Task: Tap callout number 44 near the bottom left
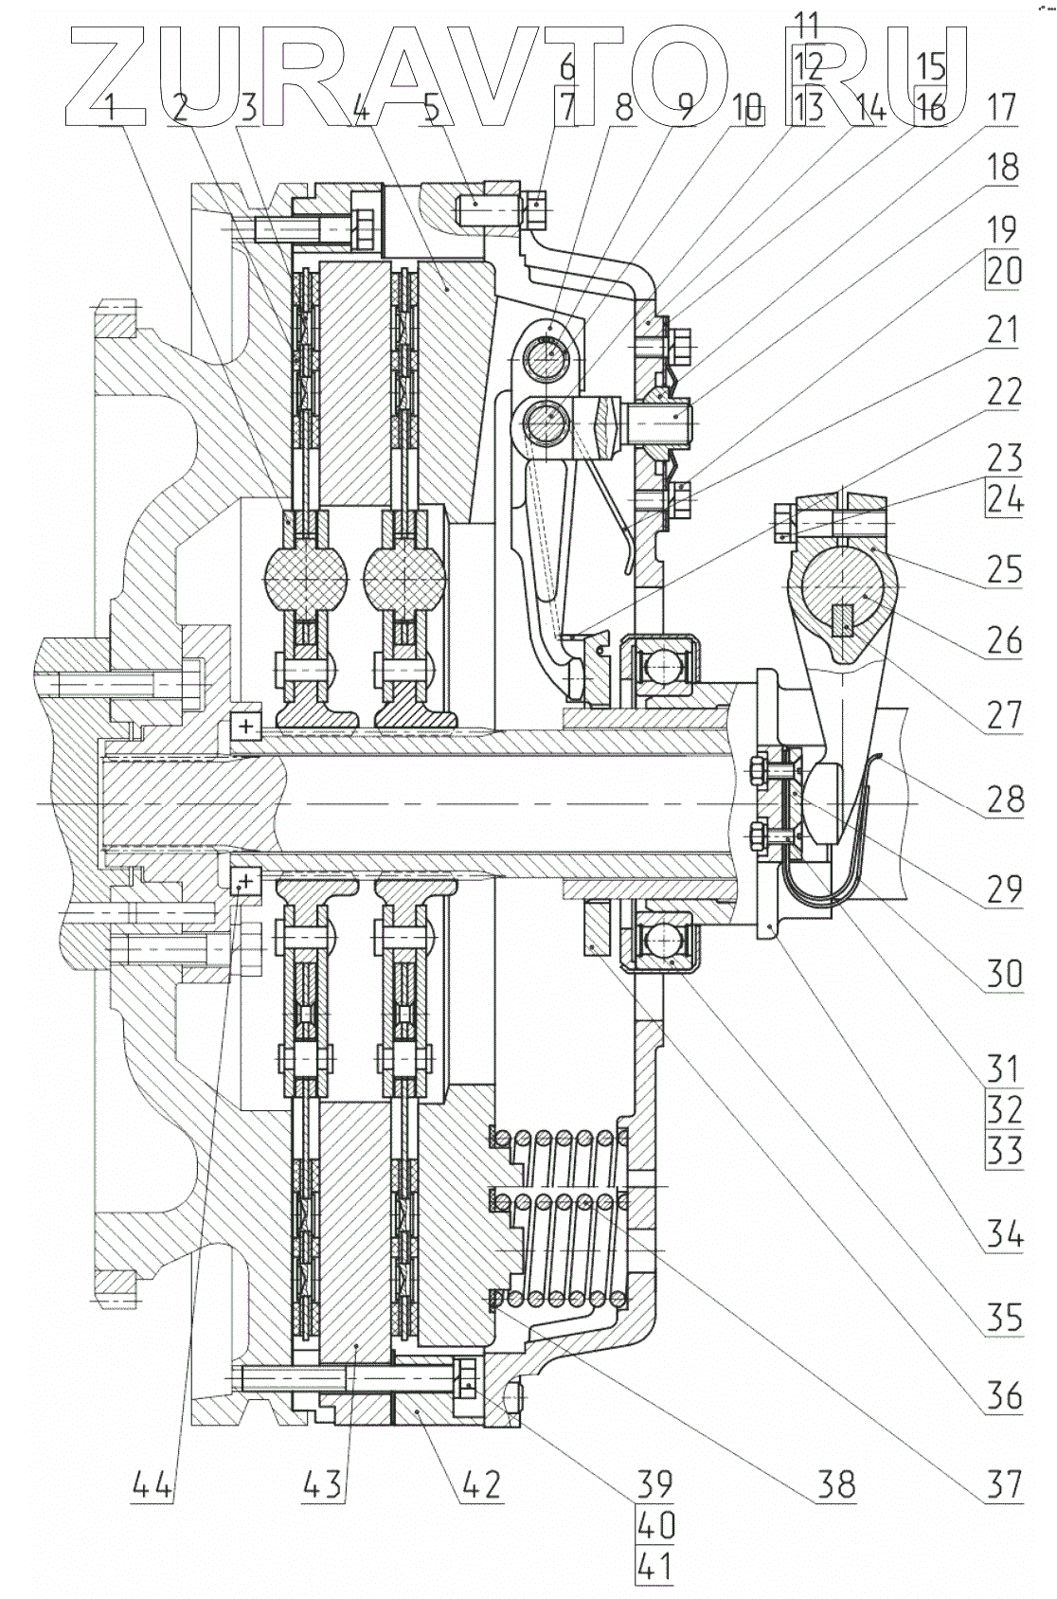click(152, 1484)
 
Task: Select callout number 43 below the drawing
click(322, 1484)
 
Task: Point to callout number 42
click(480, 1484)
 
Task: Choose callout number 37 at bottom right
click(1002, 1484)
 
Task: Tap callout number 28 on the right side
click(1004, 799)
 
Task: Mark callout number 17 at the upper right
click(1002, 107)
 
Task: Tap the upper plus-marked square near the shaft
click(246, 727)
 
